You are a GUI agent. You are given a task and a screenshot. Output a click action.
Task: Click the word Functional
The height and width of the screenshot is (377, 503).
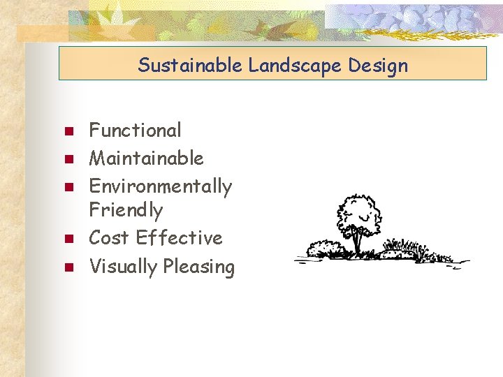(x=135, y=131)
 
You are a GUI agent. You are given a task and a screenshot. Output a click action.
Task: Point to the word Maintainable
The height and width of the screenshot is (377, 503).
(x=146, y=158)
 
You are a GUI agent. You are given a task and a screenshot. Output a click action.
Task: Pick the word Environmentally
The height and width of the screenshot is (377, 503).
(x=160, y=187)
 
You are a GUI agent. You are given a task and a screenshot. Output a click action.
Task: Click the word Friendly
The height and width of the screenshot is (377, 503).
(x=126, y=210)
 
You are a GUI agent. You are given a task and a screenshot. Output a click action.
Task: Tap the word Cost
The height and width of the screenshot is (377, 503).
(x=110, y=238)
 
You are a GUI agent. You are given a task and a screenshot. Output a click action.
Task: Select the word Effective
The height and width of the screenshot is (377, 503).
(x=180, y=238)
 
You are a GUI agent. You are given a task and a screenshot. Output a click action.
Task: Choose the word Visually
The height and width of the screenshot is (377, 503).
(x=123, y=267)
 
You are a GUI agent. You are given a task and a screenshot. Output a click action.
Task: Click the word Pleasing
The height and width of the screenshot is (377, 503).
(x=198, y=267)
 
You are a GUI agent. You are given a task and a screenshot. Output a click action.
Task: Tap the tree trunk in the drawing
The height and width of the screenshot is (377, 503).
(x=358, y=242)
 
